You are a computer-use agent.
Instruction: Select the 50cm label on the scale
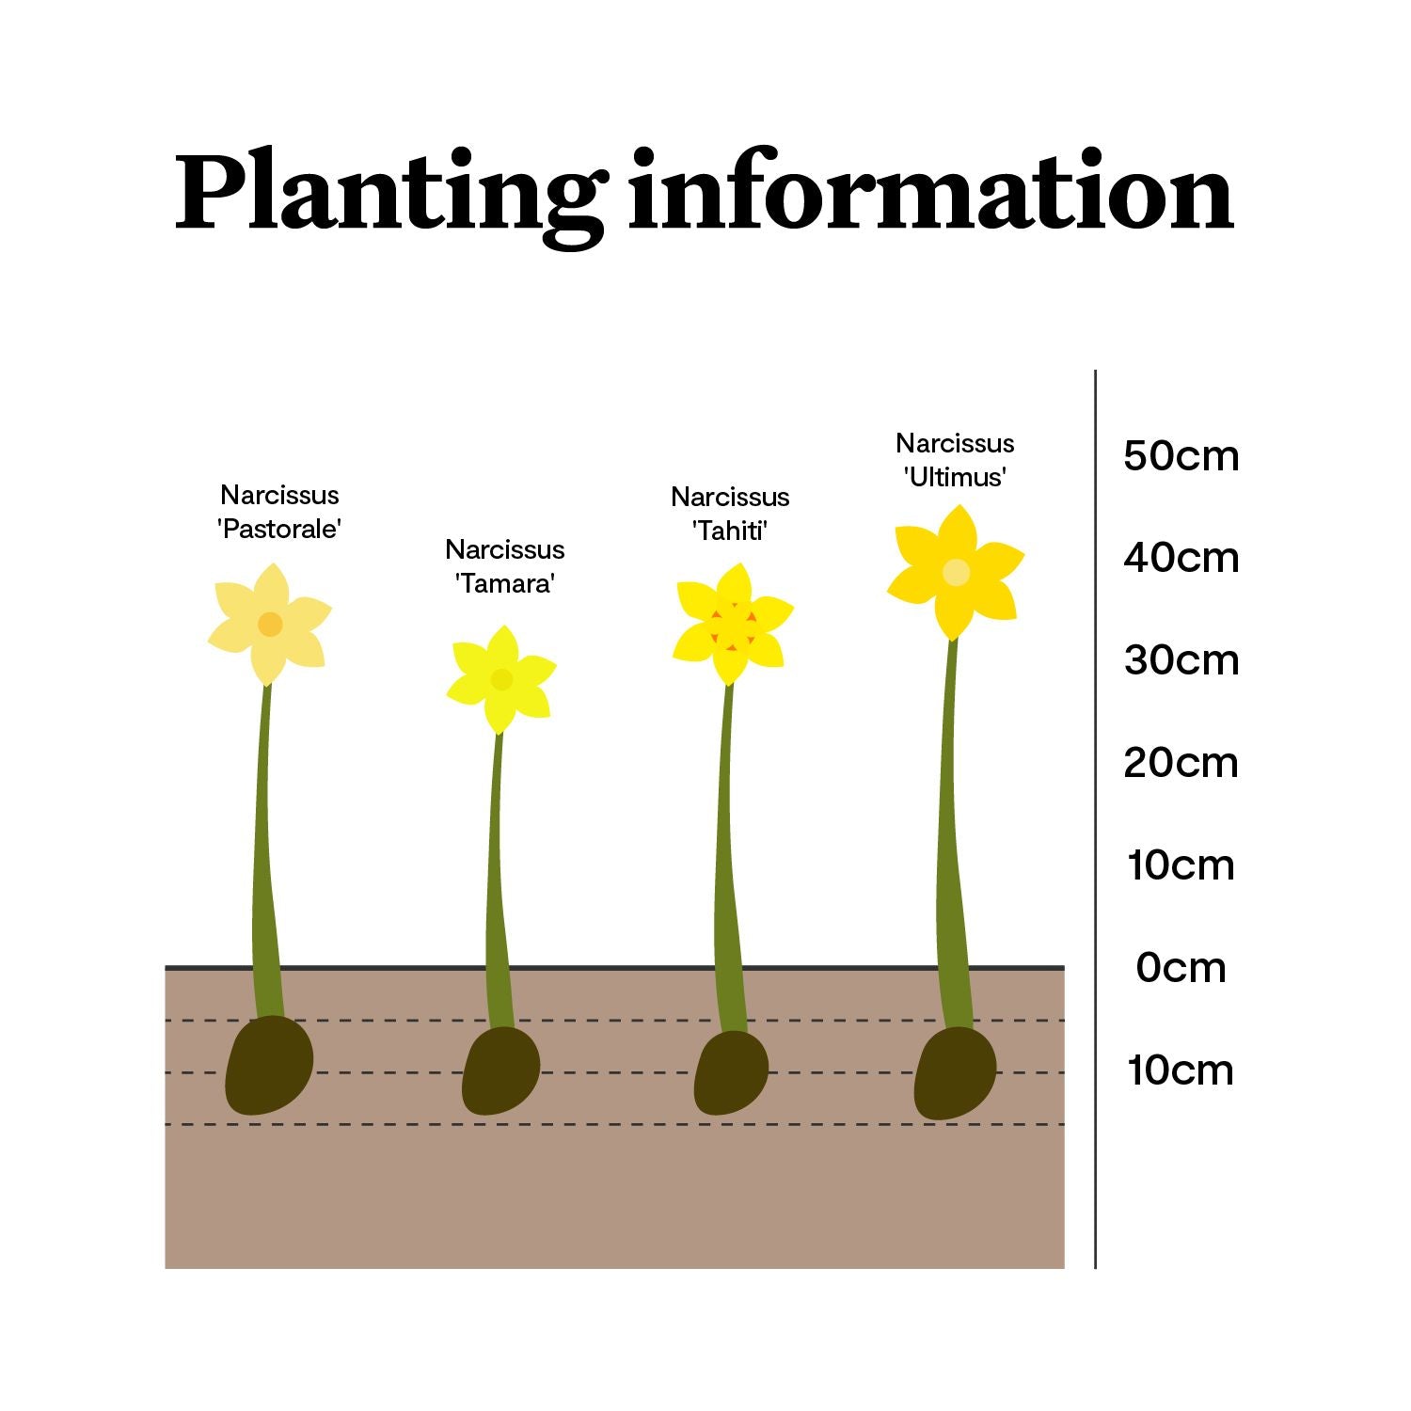point(1181,455)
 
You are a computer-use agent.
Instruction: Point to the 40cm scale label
point(1181,558)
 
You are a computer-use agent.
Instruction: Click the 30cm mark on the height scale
point(1181,660)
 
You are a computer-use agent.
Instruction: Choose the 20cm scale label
point(1181,763)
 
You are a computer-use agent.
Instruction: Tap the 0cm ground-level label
point(1181,968)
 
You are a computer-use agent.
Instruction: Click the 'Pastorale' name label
point(278,529)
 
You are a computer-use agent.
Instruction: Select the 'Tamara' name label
point(505,583)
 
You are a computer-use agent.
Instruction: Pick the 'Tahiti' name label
point(730,531)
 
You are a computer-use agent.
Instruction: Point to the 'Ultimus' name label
point(955,477)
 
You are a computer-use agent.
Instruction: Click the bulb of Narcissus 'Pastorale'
point(269,1065)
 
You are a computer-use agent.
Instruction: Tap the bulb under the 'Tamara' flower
point(501,1070)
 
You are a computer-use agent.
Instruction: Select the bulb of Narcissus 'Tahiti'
point(731,1073)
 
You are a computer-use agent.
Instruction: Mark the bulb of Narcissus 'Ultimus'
point(955,1072)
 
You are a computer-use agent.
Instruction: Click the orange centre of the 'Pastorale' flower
point(270,624)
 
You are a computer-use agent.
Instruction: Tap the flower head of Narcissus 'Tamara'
point(501,679)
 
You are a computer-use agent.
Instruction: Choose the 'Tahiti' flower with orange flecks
point(733,624)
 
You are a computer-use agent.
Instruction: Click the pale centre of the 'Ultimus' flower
point(956,572)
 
